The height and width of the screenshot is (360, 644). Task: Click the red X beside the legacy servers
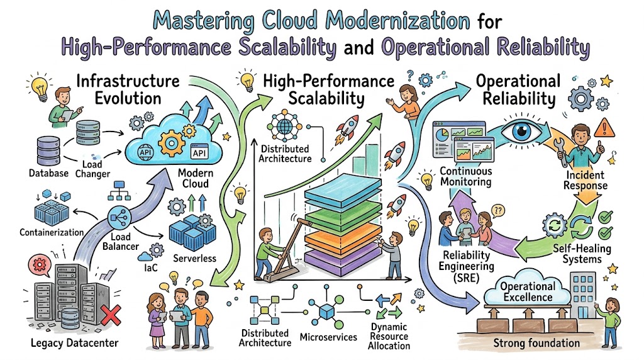click(111, 315)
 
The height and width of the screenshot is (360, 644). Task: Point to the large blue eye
click(521, 131)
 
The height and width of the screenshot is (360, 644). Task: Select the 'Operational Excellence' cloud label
click(528, 291)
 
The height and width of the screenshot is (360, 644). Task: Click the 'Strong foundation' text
click(536, 343)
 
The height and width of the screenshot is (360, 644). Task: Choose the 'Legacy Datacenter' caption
click(74, 343)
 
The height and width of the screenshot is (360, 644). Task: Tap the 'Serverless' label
click(194, 259)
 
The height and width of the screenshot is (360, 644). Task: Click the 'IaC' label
click(151, 268)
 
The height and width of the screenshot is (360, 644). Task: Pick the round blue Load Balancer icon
click(119, 217)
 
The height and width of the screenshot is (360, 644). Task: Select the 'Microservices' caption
click(328, 337)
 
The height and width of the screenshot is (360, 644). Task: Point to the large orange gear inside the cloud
click(171, 143)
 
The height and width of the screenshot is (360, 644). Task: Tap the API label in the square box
click(199, 152)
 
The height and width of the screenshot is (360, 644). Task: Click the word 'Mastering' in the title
click(204, 21)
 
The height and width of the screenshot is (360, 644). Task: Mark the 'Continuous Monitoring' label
click(466, 176)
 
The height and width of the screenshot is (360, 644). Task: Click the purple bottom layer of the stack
click(343, 261)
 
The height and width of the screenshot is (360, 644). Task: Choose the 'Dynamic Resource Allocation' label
click(389, 336)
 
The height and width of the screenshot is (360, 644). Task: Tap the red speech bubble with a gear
click(40, 266)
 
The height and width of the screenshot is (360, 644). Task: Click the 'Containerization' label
click(52, 233)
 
